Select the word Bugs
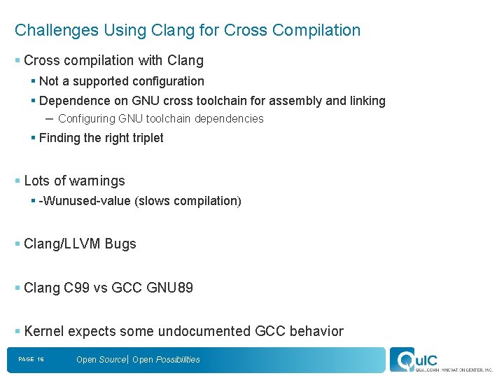(120, 244)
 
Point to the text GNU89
(170, 288)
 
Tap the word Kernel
(44, 331)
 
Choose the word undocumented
(204, 331)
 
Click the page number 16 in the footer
(41, 360)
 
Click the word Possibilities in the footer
(178, 360)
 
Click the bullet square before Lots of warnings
(17, 181)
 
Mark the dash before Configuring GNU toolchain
(49, 119)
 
